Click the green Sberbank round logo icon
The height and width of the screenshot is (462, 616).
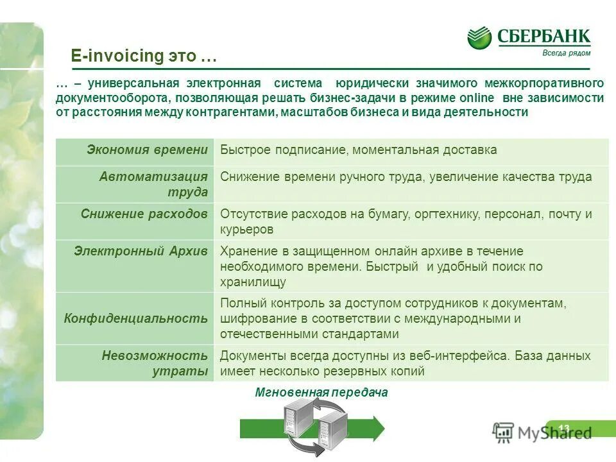click(x=479, y=38)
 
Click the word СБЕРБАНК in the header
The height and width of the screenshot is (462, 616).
click(x=543, y=36)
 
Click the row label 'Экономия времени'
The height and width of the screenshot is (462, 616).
click(x=148, y=150)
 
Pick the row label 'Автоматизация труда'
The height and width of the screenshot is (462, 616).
click(x=153, y=184)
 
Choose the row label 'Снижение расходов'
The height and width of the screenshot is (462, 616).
click(x=144, y=214)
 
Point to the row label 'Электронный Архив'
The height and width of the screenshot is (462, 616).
click(x=141, y=251)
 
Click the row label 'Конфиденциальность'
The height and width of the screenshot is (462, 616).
click(x=136, y=318)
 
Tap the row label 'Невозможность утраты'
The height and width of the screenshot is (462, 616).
click(x=155, y=363)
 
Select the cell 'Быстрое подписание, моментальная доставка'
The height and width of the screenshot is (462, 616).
click(x=359, y=150)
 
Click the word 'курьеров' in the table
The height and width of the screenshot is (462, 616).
click(x=247, y=229)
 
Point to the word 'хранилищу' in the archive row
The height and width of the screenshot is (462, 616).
click(x=253, y=282)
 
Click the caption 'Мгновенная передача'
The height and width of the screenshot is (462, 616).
click(x=321, y=392)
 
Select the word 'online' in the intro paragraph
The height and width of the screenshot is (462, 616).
click(x=477, y=98)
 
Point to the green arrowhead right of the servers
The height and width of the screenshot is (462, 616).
click(x=378, y=428)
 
